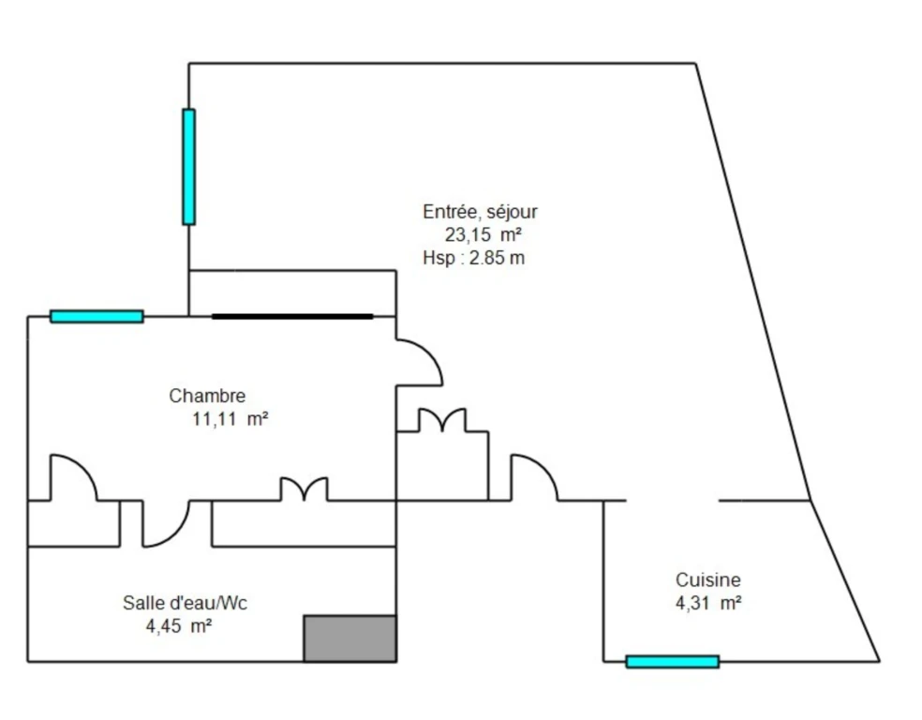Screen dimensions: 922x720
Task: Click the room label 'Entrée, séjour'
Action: (x=480, y=213)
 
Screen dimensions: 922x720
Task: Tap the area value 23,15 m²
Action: (x=483, y=234)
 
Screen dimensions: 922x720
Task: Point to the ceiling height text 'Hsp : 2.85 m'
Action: (x=473, y=258)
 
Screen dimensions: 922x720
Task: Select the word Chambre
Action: (x=207, y=396)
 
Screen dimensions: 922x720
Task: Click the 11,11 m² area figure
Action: (x=230, y=419)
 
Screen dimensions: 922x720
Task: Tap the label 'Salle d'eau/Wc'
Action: (x=185, y=603)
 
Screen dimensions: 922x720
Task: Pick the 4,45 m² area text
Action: (x=179, y=626)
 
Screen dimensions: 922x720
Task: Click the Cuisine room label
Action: (x=708, y=580)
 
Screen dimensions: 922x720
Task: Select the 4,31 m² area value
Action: (x=708, y=603)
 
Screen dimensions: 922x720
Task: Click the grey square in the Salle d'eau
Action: (x=349, y=638)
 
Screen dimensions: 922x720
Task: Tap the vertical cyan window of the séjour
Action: (x=188, y=167)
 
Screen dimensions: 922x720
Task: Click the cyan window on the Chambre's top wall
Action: (x=97, y=317)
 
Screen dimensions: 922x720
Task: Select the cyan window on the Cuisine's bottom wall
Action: (x=673, y=662)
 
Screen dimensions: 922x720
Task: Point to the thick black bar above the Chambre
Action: (x=292, y=317)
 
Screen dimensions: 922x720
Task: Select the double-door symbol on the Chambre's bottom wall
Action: (x=304, y=489)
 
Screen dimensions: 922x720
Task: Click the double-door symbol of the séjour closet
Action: (x=442, y=420)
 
